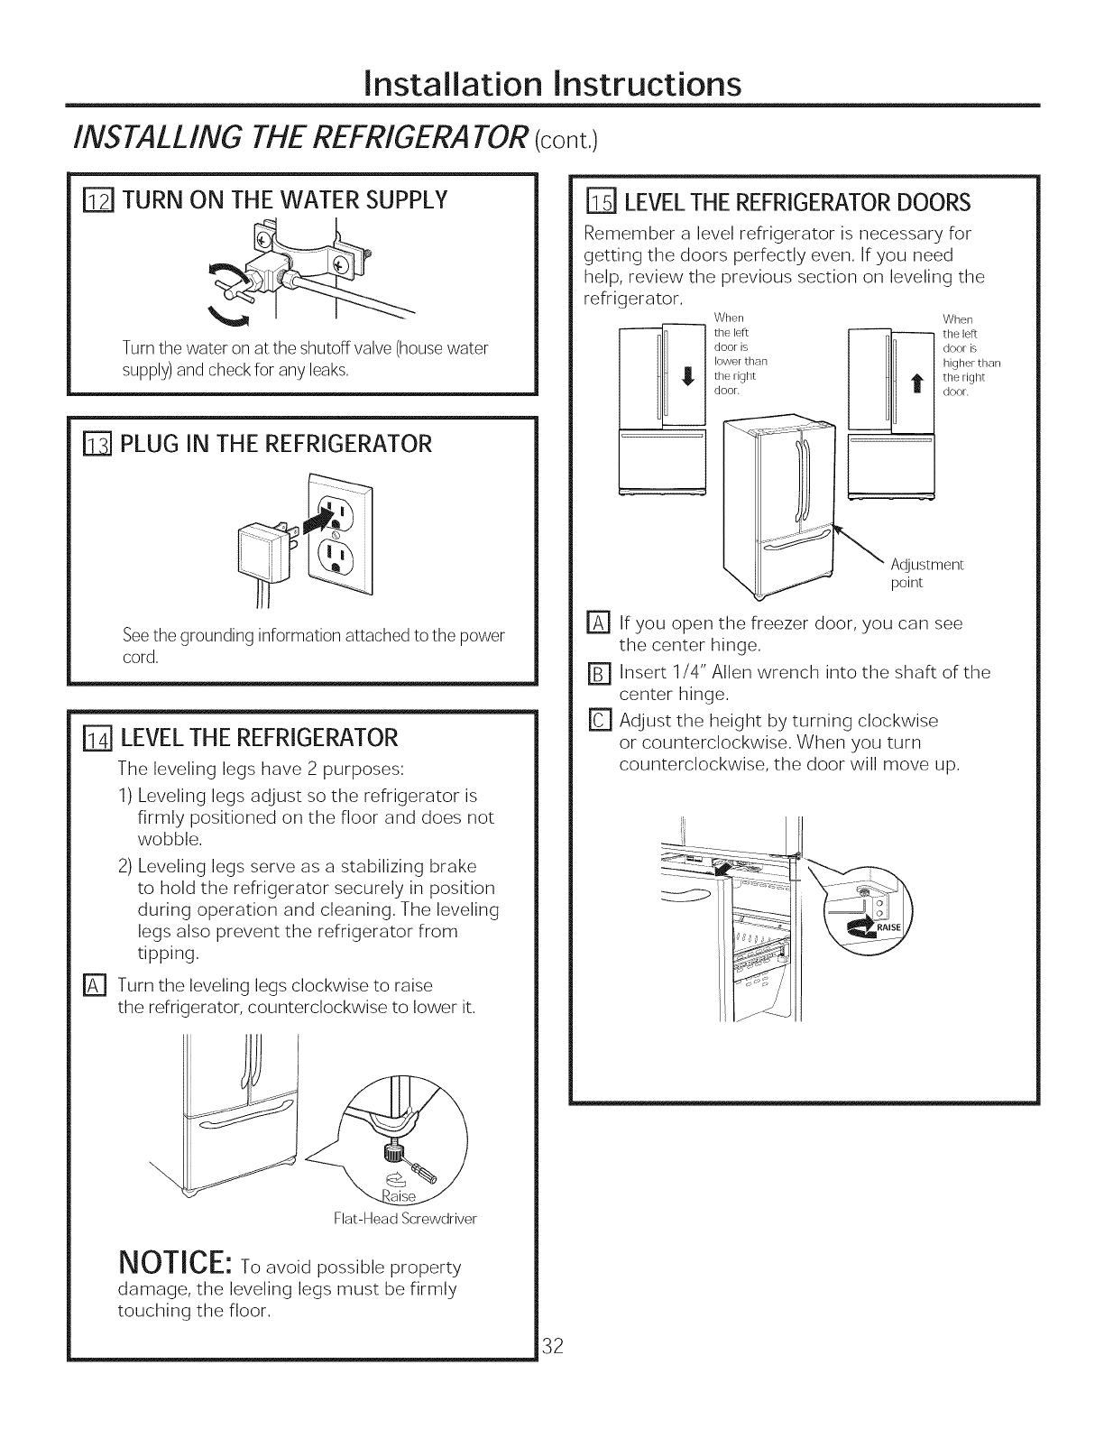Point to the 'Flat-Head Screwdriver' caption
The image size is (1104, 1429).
click(406, 1218)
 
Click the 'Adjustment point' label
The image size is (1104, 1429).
click(926, 574)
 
